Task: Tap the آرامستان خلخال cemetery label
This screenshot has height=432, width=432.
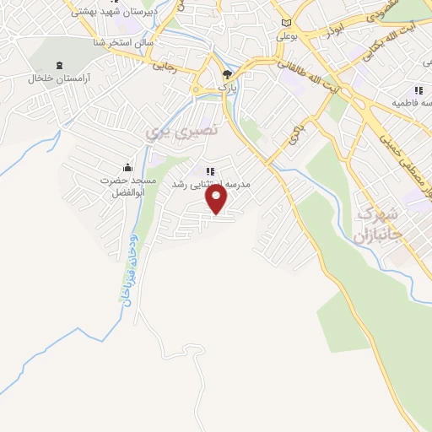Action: (58, 78)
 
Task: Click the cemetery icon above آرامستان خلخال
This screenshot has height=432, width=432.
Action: (58, 66)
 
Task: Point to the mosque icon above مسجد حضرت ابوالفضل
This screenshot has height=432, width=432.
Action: (127, 166)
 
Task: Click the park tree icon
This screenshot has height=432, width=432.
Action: (225, 74)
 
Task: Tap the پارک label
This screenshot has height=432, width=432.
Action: (224, 87)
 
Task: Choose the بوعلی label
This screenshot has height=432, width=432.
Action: (288, 38)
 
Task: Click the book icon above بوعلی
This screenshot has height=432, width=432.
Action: (287, 23)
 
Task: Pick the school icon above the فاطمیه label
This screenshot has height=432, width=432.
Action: (417, 90)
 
